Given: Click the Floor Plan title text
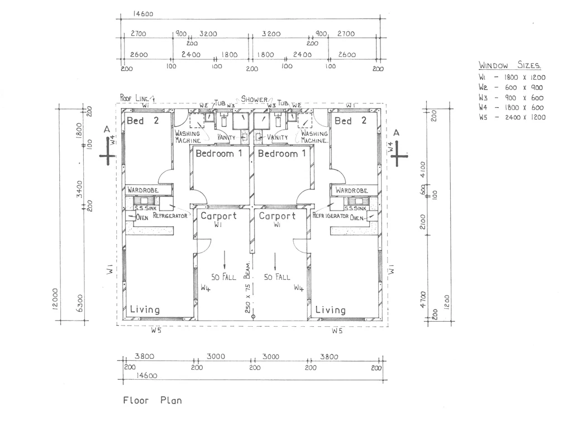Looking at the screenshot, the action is (x=152, y=400).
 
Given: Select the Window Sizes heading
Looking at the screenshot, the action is (x=509, y=65).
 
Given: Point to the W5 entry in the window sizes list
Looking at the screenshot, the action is (x=512, y=117).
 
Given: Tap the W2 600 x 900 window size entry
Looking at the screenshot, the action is (x=511, y=88).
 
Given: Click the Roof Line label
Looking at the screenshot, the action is (x=135, y=98).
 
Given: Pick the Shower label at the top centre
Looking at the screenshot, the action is (x=254, y=99).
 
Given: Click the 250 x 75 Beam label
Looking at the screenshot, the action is (x=247, y=288).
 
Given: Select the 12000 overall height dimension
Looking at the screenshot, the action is (x=55, y=299).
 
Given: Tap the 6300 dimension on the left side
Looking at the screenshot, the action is (x=80, y=303).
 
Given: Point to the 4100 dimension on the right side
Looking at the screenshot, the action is (x=423, y=169).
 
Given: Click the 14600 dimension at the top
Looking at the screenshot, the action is (x=143, y=14).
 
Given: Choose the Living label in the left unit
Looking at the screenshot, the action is (x=145, y=309).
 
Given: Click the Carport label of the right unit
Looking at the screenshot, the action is (x=277, y=216).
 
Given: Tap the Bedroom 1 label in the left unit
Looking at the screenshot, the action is (x=219, y=153).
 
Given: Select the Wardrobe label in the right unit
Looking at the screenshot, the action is (x=352, y=190).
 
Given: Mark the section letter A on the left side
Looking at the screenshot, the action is (x=107, y=130).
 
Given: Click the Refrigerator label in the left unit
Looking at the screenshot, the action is (x=170, y=216).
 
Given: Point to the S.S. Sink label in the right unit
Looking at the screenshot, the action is (x=355, y=208).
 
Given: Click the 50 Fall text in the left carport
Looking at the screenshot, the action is (x=223, y=277).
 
